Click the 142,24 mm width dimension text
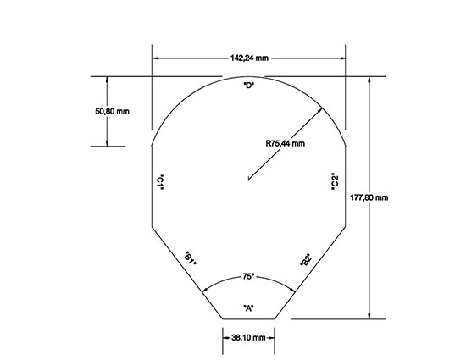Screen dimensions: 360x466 pyautogui.click(x=249, y=58)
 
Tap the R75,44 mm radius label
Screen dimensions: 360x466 pyautogui.click(x=284, y=144)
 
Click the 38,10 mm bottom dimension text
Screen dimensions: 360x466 pyautogui.click(x=249, y=337)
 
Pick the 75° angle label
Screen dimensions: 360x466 pyautogui.click(x=248, y=277)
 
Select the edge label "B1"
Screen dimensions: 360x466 pyautogui.click(x=191, y=259)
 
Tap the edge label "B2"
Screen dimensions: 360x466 pyautogui.click(x=305, y=261)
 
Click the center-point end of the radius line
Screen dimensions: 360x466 pyautogui.click(x=247, y=179)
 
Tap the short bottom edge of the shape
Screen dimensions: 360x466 pyautogui.click(x=249, y=318)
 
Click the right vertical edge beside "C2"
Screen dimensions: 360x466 pyautogui.click(x=347, y=186)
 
